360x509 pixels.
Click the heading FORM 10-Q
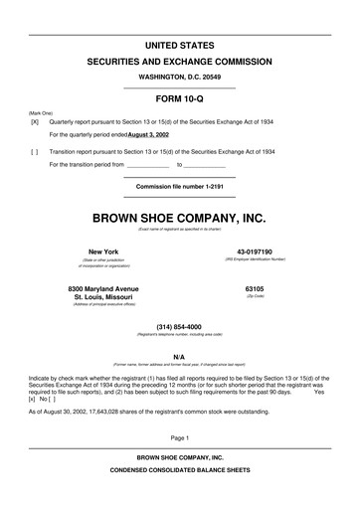coord(180,101)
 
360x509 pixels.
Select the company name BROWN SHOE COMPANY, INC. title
coord(180,218)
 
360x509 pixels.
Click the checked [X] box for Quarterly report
coord(35,121)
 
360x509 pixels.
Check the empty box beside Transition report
coord(35,152)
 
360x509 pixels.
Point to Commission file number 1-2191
coord(180,187)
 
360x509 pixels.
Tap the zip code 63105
coord(255,288)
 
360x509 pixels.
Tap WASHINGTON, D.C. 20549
coord(180,77)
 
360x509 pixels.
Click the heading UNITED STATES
coord(180,46)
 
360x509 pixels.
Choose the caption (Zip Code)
coord(255,296)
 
